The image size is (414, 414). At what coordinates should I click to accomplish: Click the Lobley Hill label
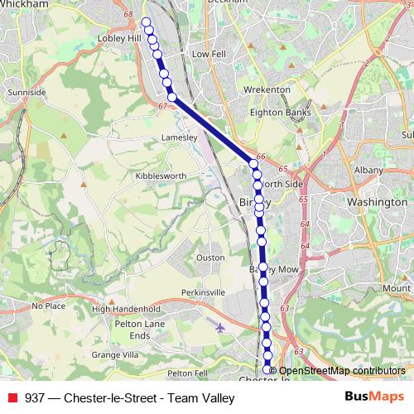(x=120, y=38)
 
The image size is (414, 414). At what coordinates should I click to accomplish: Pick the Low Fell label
(x=209, y=54)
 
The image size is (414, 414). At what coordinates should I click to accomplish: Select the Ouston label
(x=209, y=258)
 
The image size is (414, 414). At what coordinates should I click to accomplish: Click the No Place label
(x=48, y=306)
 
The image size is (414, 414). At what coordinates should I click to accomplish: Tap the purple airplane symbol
(x=219, y=327)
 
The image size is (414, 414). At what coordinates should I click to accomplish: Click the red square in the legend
(x=12, y=398)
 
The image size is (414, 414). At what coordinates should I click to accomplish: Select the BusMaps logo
(x=371, y=397)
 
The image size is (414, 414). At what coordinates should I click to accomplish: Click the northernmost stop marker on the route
(x=147, y=22)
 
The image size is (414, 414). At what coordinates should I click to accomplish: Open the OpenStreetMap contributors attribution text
(x=341, y=371)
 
